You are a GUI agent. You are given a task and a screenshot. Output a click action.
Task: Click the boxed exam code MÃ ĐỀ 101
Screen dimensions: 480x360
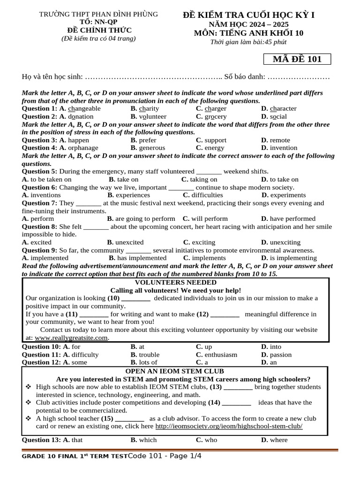(x=297, y=59)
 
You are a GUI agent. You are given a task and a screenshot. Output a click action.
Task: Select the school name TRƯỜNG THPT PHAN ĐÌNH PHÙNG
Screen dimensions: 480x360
(x=98, y=14)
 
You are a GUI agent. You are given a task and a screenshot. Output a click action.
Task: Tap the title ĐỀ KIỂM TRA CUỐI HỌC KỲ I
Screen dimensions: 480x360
(x=248, y=15)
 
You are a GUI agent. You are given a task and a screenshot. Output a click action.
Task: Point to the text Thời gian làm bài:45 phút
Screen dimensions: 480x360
(x=248, y=42)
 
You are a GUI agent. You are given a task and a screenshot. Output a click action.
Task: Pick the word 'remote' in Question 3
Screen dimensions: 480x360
(x=280, y=140)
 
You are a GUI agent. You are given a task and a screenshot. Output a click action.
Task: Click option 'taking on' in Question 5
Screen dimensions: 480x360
(x=203, y=180)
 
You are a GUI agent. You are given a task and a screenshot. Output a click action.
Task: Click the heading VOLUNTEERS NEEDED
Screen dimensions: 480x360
(x=176, y=283)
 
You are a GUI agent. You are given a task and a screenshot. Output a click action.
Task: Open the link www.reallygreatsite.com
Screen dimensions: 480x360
(x=72, y=337)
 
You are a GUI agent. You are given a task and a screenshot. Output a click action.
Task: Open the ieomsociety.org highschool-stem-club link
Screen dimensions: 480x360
(x=229, y=426)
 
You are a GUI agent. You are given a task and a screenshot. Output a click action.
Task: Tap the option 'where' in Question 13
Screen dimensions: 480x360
(x=278, y=440)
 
